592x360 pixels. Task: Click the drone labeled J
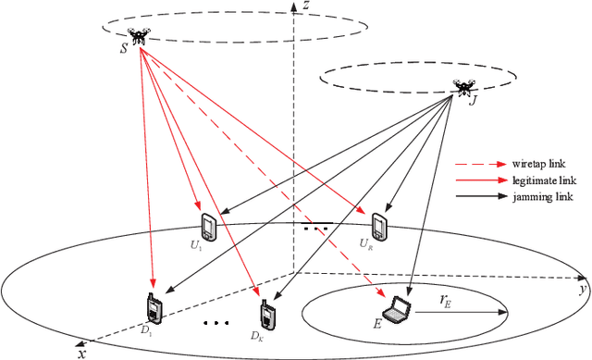(x=463, y=87)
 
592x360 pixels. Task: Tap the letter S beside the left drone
(x=124, y=47)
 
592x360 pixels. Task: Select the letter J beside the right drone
(x=474, y=101)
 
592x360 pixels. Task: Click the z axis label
(x=305, y=8)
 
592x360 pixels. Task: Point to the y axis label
(x=583, y=291)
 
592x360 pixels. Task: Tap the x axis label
(x=83, y=353)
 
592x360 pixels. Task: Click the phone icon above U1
(x=208, y=226)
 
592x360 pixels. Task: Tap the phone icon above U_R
(x=378, y=225)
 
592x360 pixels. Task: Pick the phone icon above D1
(x=152, y=307)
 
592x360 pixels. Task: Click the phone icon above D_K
(x=267, y=315)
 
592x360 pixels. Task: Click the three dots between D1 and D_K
(x=216, y=323)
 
